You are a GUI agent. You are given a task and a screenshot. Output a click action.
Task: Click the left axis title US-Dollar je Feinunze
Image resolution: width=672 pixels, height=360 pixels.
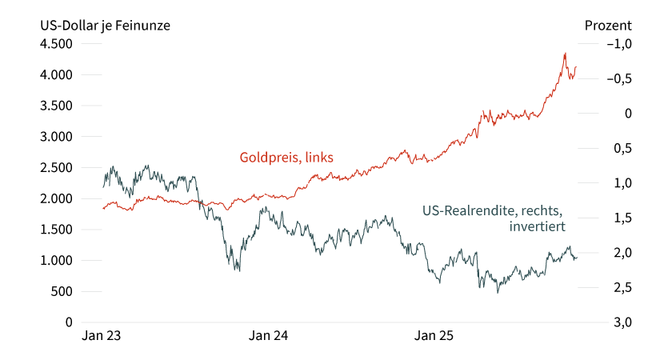[x=106, y=25]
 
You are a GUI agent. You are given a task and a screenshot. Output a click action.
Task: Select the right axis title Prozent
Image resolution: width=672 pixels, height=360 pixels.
[x=608, y=25]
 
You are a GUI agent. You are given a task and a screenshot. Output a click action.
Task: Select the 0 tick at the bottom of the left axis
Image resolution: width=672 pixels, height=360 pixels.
[x=69, y=322]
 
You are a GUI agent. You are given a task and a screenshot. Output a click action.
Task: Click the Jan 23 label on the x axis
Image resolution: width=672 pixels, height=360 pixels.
[x=102, y=337]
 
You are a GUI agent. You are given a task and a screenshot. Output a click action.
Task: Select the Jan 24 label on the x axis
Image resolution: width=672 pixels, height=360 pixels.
[x=269, y=337]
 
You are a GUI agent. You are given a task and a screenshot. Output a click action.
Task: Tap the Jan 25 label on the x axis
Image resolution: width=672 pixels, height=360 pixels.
[x=435, y=337]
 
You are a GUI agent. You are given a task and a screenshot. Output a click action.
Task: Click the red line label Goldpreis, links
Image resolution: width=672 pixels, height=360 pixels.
[x=286, y=157]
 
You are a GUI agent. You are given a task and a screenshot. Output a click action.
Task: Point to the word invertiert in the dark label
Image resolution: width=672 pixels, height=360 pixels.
[x=537, y=227]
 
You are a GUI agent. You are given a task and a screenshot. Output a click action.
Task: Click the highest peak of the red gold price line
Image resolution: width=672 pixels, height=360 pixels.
[x=565, y=54]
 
